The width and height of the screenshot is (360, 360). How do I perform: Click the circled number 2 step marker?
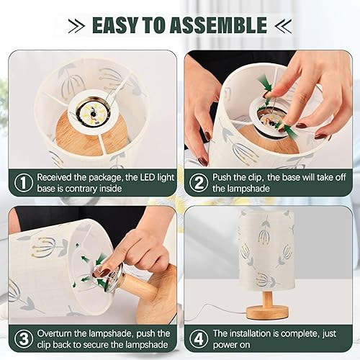click(x=198, y=183)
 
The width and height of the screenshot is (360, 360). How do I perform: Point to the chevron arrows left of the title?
click(x=74, y=25)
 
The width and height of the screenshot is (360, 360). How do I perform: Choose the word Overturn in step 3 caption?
click(x=58, y=333)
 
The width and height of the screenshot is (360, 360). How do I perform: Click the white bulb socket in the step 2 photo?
click(x=270, y=115)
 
